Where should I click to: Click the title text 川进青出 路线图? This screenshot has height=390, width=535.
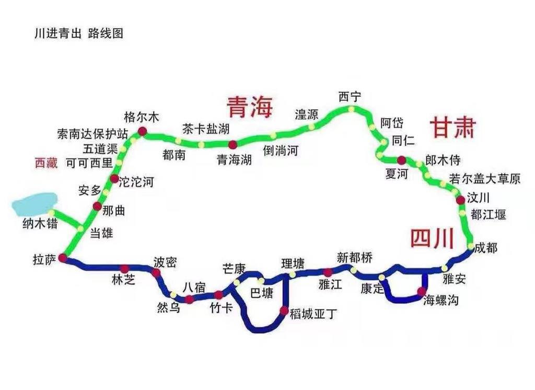[x=78, y=33]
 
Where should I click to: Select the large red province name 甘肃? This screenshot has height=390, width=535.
[x=452, y=128]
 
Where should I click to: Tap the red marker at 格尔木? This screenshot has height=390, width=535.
[x=142, y=131]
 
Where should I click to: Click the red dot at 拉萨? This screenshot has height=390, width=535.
[x=63, y=258]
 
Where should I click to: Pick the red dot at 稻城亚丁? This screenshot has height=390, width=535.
[x=284, y=311]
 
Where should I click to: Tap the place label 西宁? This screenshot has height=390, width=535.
[x=350, y=97]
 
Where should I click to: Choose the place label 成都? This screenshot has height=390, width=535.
[x=486, y=248]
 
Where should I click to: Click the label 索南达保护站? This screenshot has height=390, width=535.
[x=92, y=134]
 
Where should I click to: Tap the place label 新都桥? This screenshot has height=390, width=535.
[x=355, y=257]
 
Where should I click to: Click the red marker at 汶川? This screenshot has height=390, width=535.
[x=460, y=200]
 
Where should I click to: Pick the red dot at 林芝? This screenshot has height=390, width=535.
[x=124, y=269]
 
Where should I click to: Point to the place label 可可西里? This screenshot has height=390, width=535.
[x=89, y=163]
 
